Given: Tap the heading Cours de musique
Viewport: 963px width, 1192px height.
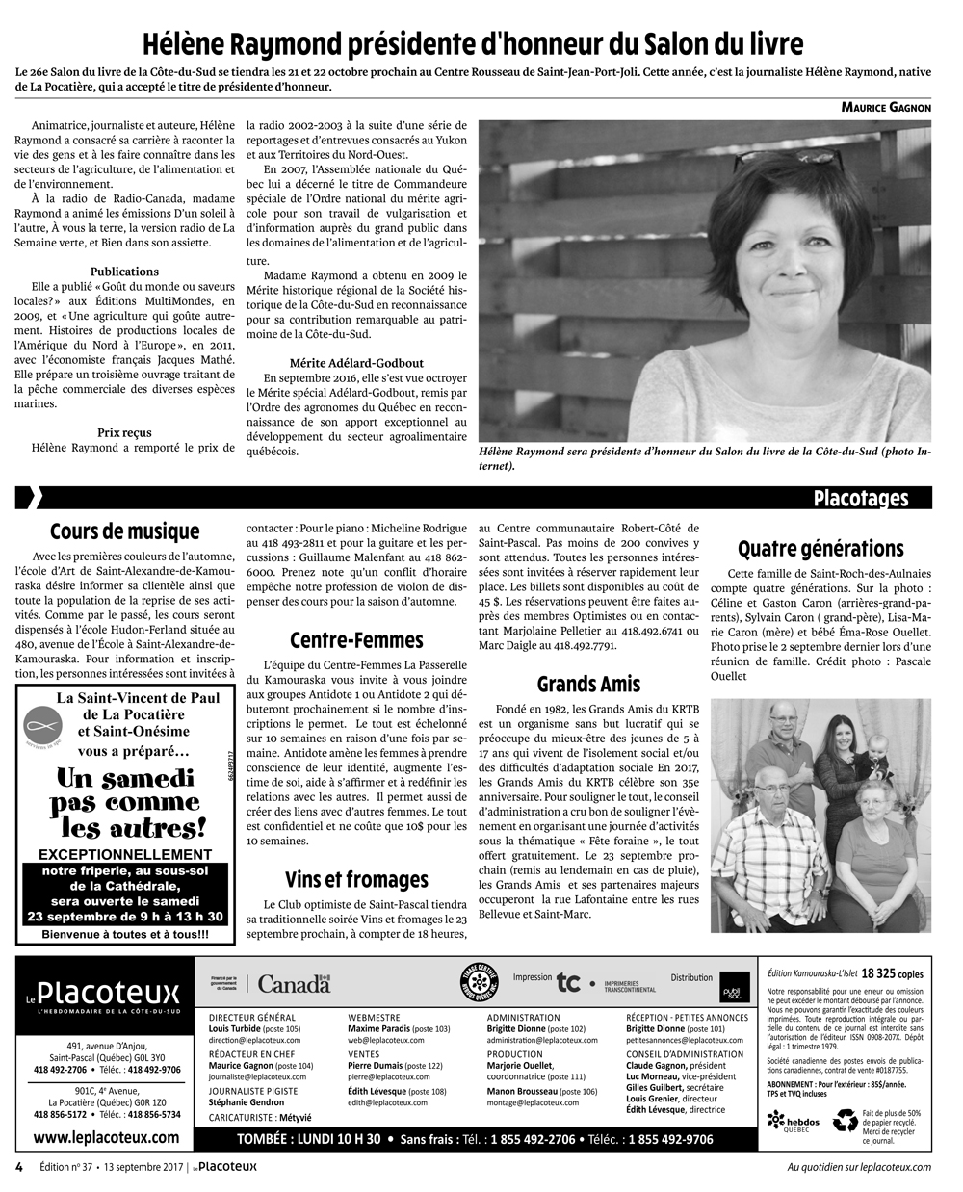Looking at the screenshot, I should tap(124, 531).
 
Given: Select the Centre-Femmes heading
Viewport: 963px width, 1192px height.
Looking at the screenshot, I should tap(356, 640).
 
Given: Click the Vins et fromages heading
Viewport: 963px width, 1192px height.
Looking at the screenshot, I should tap(356, 879).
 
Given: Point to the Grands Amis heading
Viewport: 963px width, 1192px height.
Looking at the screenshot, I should tap(588, 685).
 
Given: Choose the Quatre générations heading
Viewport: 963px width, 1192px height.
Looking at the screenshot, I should tap(820, 549).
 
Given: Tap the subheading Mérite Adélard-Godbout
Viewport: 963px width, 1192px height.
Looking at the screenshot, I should tap(356, 363).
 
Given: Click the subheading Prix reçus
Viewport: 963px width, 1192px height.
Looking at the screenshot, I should tap(124, 432).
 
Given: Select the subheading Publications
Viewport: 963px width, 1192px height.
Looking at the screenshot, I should tap(124, 272).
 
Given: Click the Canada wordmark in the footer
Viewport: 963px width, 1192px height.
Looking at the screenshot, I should tap(295, 984).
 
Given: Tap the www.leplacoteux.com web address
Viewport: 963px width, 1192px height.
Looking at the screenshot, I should tap(106, 1137).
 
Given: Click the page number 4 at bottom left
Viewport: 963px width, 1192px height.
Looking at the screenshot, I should tap(19, 1167).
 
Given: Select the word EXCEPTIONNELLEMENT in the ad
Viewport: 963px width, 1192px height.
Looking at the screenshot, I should tap(124, 854).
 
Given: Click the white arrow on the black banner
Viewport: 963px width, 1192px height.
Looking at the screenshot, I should tap(31, 498).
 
